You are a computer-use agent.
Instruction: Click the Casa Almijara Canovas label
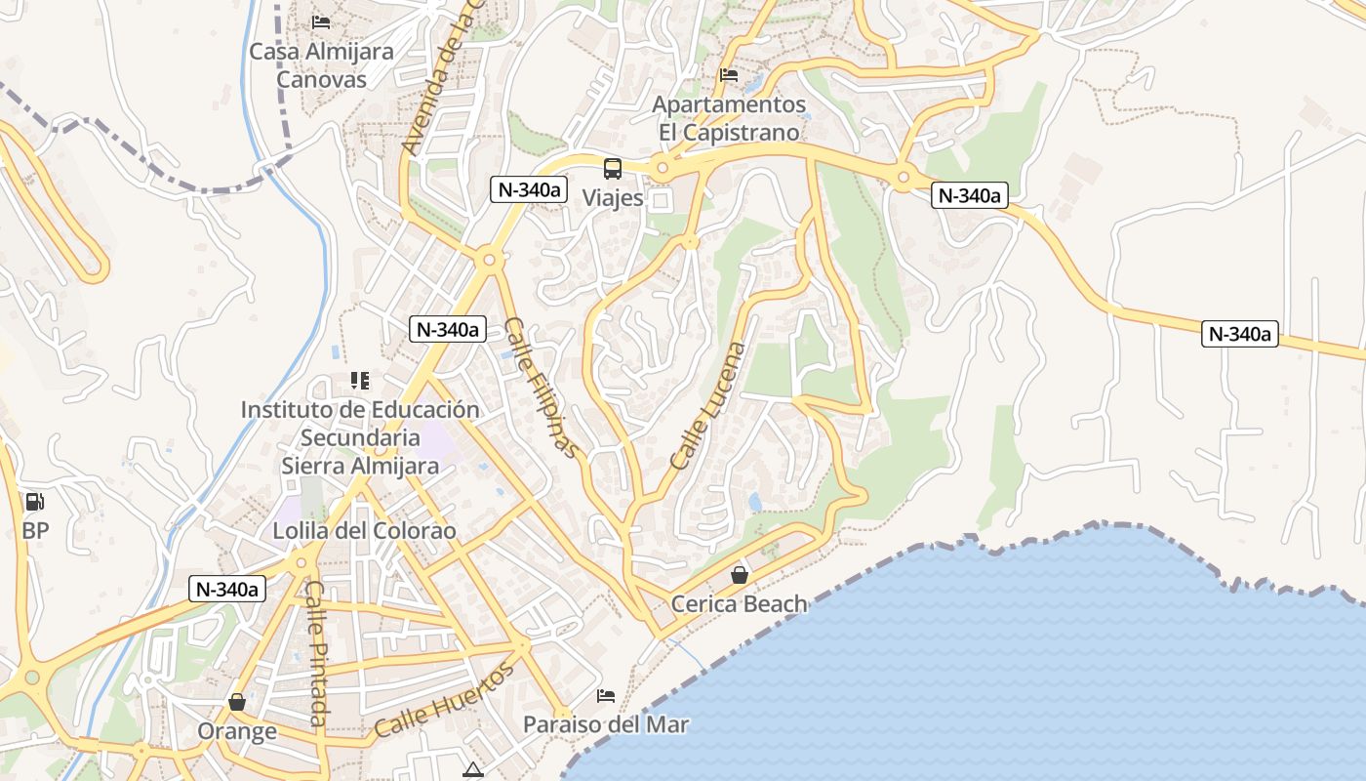point(321,65)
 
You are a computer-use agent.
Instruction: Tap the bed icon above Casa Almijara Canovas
point(321,21)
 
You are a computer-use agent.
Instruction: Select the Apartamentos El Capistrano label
point(729,118)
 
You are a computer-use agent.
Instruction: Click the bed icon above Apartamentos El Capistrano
point(729,74)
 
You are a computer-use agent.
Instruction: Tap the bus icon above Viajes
point(613,168)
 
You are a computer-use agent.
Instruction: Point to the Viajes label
point(613,198)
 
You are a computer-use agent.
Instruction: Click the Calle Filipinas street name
point(542,388)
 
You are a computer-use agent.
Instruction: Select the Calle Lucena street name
point(708,405)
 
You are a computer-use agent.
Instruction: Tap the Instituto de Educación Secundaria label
point(360,437)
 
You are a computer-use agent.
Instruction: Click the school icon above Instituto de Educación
point(360,380)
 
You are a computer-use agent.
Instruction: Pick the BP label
point(35,532)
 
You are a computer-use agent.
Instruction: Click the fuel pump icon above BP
point(35,502)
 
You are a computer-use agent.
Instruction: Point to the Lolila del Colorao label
point(364,531)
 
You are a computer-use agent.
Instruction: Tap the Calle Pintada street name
point(315,653)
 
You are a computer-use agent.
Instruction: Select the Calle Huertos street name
point(444,700)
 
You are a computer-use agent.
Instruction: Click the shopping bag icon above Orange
point(237,702)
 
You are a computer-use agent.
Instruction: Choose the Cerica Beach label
point(739,604)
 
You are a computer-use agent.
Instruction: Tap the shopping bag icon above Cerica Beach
point(740,574)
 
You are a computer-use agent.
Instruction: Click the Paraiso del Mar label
point(606,725)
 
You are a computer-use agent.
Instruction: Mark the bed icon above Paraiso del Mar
point(606,696)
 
